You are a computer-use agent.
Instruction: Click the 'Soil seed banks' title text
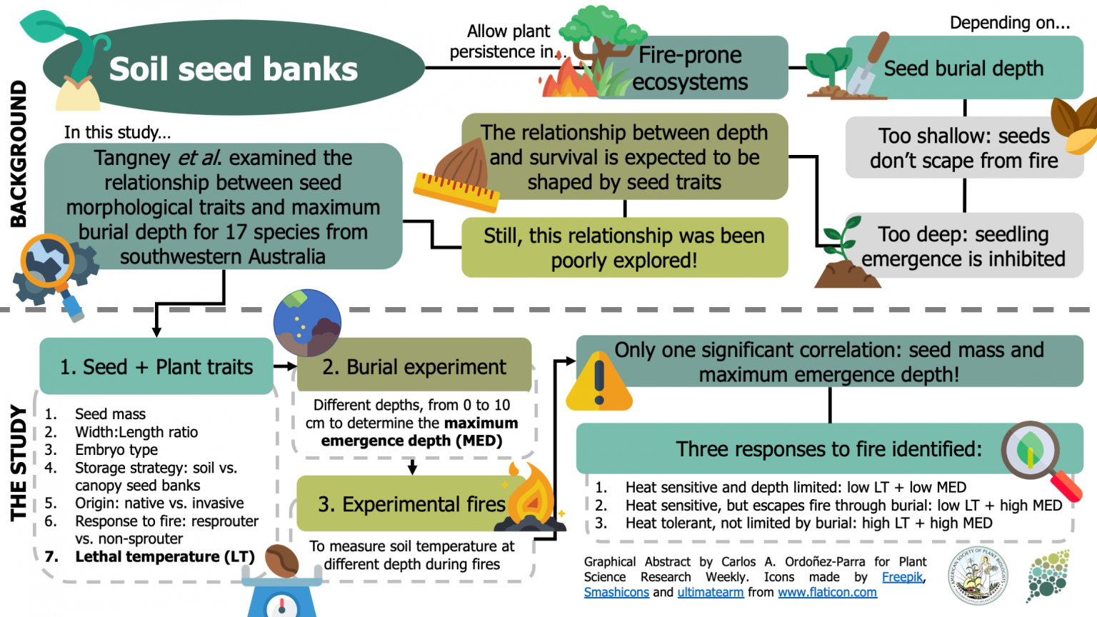pos(234,69)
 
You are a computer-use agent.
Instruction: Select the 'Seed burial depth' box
pos(964,69)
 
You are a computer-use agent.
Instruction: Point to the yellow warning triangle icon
pos(598,384)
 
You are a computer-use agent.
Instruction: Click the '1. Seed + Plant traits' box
pos(156,367)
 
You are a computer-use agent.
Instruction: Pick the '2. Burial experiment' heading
pos(414,367)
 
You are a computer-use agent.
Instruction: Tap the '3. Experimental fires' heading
pos(411,504)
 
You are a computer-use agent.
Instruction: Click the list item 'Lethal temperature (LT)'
pos(165,556)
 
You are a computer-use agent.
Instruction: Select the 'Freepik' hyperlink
pos(902,577)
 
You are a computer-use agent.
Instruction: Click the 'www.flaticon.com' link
pos(827,592)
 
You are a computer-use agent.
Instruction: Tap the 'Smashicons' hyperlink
pos(616,592)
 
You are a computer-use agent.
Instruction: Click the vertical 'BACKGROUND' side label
pos(18,154)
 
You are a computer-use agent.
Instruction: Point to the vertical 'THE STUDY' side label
pos(18,463)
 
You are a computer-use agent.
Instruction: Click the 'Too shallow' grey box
pos(963,148)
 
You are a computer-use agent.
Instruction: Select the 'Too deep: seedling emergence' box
pos(963,246)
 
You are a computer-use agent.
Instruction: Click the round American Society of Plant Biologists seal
pos(978,576)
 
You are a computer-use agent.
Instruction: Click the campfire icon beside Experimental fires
pos(532,500)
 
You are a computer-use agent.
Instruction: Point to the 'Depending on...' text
pos(1009,23)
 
